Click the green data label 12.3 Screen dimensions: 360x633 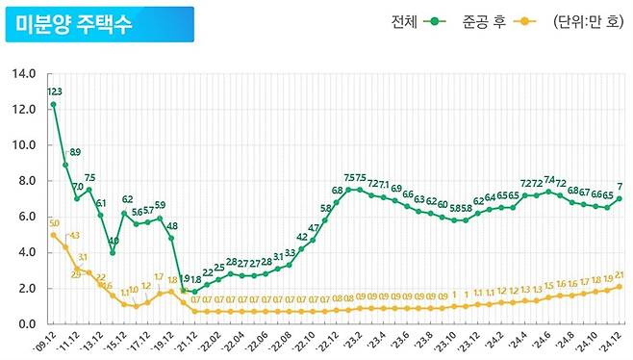click(54, 91)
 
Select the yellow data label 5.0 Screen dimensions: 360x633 click(54, 223)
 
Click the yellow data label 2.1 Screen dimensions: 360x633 click(620, 274)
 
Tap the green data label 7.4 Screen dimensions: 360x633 click(549, 180)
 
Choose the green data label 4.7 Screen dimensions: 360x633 click(314, 227)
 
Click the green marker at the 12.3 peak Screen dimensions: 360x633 click(54, 104)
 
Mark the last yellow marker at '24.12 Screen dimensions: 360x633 click(619, 287)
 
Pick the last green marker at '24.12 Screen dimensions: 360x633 click(619, 199)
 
